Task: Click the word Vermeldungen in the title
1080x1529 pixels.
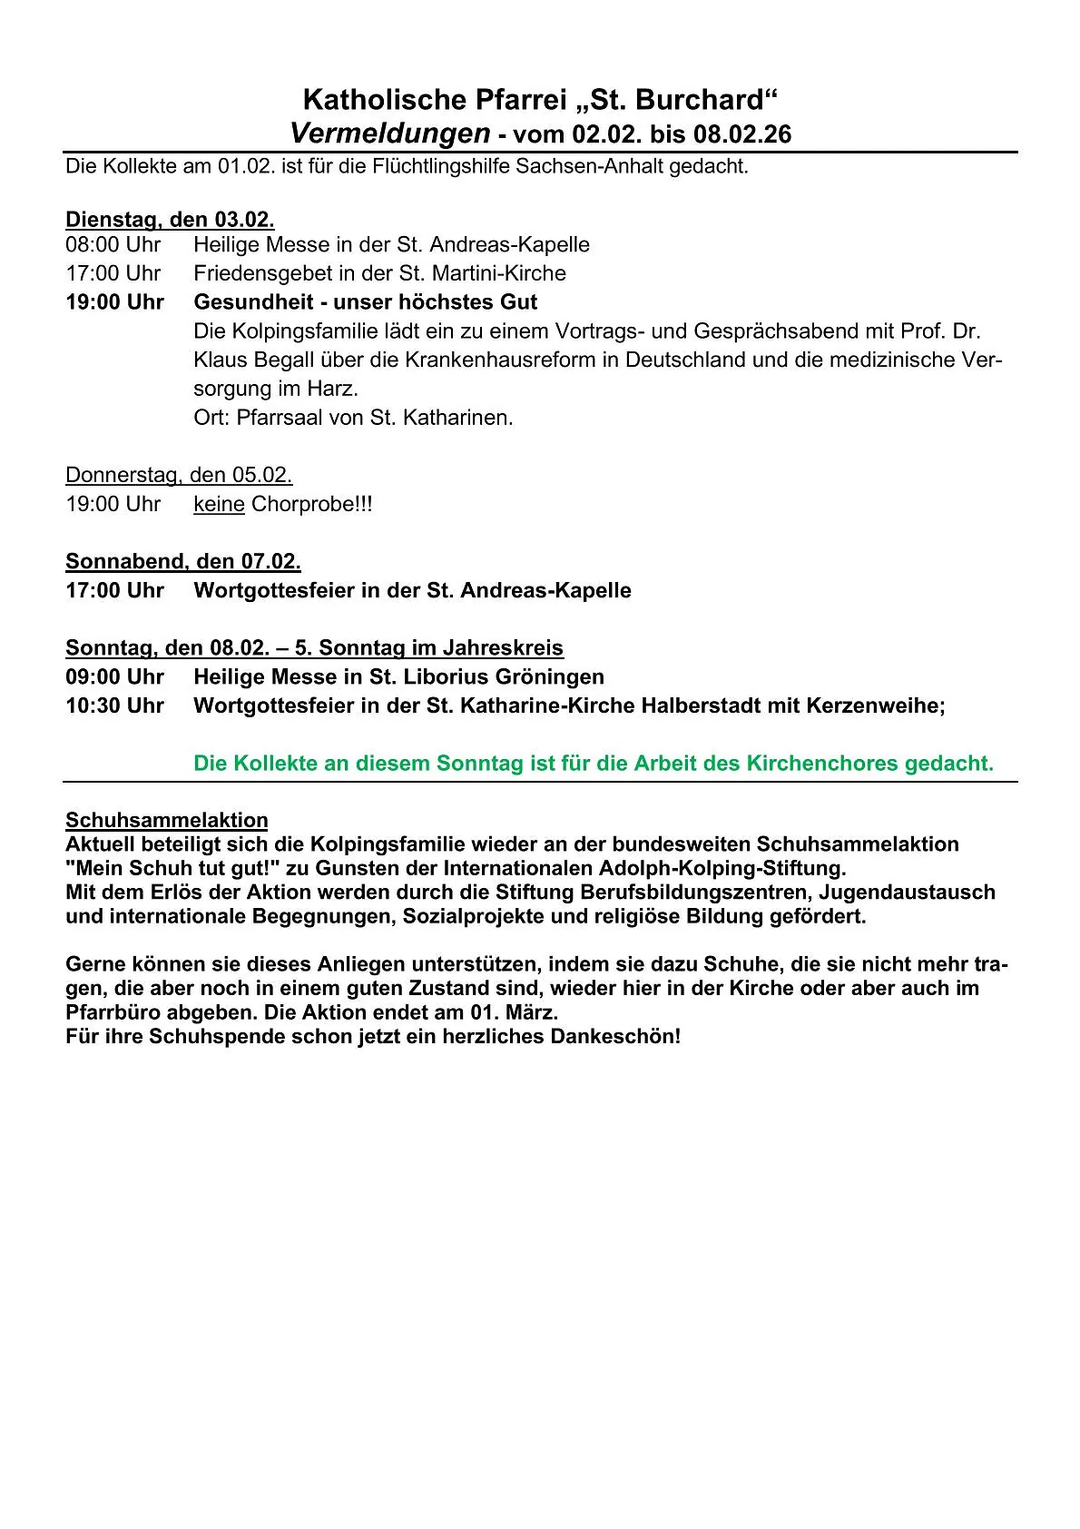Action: pyautogui.click(x=390, y=133)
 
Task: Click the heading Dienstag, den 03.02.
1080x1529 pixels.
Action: pyautogui.click(x=170, y=219)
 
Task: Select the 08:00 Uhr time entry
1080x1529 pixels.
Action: pyautogui.click(x=113, y=245)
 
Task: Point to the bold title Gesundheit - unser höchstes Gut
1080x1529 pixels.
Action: pyautogui.click(x=365, y=302)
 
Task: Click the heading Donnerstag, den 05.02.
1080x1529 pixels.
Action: pyautogui.click(x=179, y=475)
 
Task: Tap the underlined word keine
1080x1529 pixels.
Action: pyautogui.click(x=219, y=504)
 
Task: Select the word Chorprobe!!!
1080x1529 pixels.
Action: pyautogui.click(x=311, y=504)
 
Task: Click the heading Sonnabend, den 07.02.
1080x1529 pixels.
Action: pyautogui.click(x=183, y=561)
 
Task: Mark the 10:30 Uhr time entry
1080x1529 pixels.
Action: pyautogui.click(x=114, y=705)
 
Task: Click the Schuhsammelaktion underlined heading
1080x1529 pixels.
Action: pyautogui.click(x=167, y=820)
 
